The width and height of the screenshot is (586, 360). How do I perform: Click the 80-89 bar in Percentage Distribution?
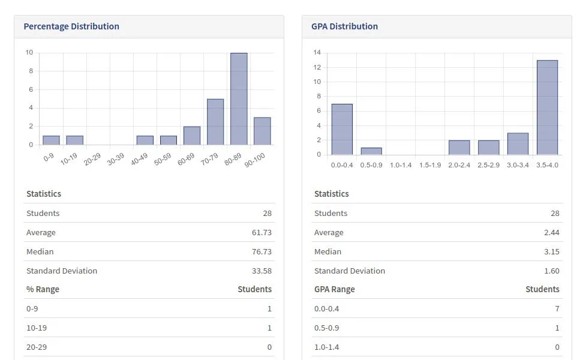tap(239, 99)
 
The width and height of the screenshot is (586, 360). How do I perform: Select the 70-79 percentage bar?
tap(215, 122)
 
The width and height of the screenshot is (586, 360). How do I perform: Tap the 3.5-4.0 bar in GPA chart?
tap(547, 107)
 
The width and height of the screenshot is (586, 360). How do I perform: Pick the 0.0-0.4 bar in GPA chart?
tap(342, 129)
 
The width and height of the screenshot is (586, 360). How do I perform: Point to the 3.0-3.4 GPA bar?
tap(518, 143)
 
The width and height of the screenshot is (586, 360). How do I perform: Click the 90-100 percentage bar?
tap(262, 131)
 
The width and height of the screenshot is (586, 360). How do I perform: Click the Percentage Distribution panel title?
tap(71, 26)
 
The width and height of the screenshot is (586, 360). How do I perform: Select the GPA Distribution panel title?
tap(344, 26)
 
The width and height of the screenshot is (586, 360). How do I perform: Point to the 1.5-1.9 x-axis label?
tap(430, 165)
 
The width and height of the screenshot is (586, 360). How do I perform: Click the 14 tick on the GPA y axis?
tap(317, 53)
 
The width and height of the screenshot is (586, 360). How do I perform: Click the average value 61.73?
tap(262, 232)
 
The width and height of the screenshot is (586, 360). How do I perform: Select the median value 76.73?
tap(262, 251)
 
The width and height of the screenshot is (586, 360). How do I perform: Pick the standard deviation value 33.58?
tap(262, 271)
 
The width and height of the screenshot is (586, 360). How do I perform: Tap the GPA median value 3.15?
tap(551, 251)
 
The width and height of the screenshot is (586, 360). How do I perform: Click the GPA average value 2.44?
tap(551, 232)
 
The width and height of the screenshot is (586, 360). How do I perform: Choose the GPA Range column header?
tap(334, 289)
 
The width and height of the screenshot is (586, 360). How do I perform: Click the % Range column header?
tap(43, 289)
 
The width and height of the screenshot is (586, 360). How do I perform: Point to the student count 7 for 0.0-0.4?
tap(557, 308)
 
